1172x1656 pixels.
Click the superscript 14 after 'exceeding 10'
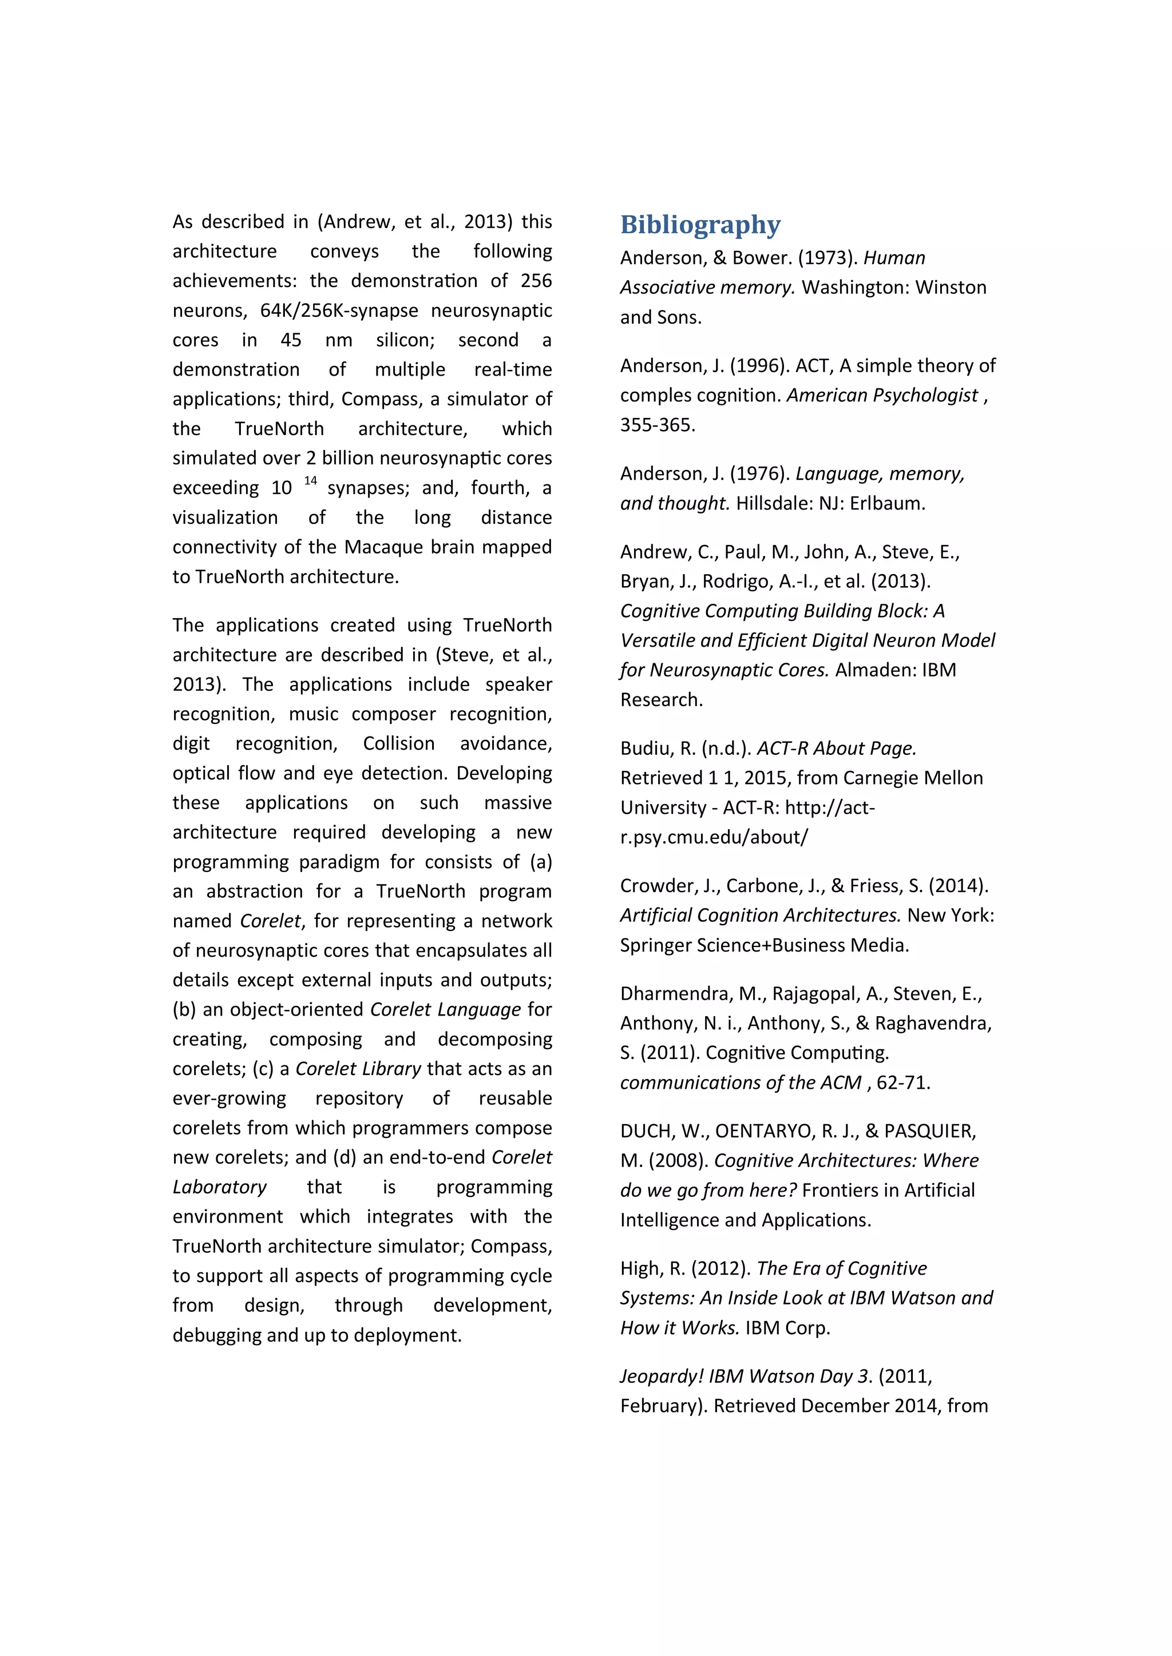pyautogui.click(x=310, y=481)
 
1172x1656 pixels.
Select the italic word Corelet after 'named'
pyautogui.click(x=271, y=921)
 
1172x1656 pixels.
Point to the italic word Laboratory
pyautogui.click(x=219, y=1187)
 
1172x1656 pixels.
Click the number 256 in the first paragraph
pyautogui.click(x=536, y=281)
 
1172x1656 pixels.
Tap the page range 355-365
pyautogui.click(x=657, y=425)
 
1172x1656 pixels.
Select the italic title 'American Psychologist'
pyautogui.click(x=882, y=396)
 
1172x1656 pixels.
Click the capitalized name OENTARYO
pyautogui.click(x=763, y=1131)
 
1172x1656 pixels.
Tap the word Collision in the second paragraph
pyautogui.click(x=399, y=743)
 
